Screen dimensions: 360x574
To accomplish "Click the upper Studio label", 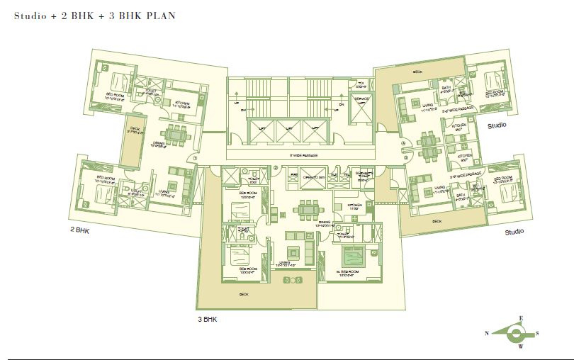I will [x=497, y=125].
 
